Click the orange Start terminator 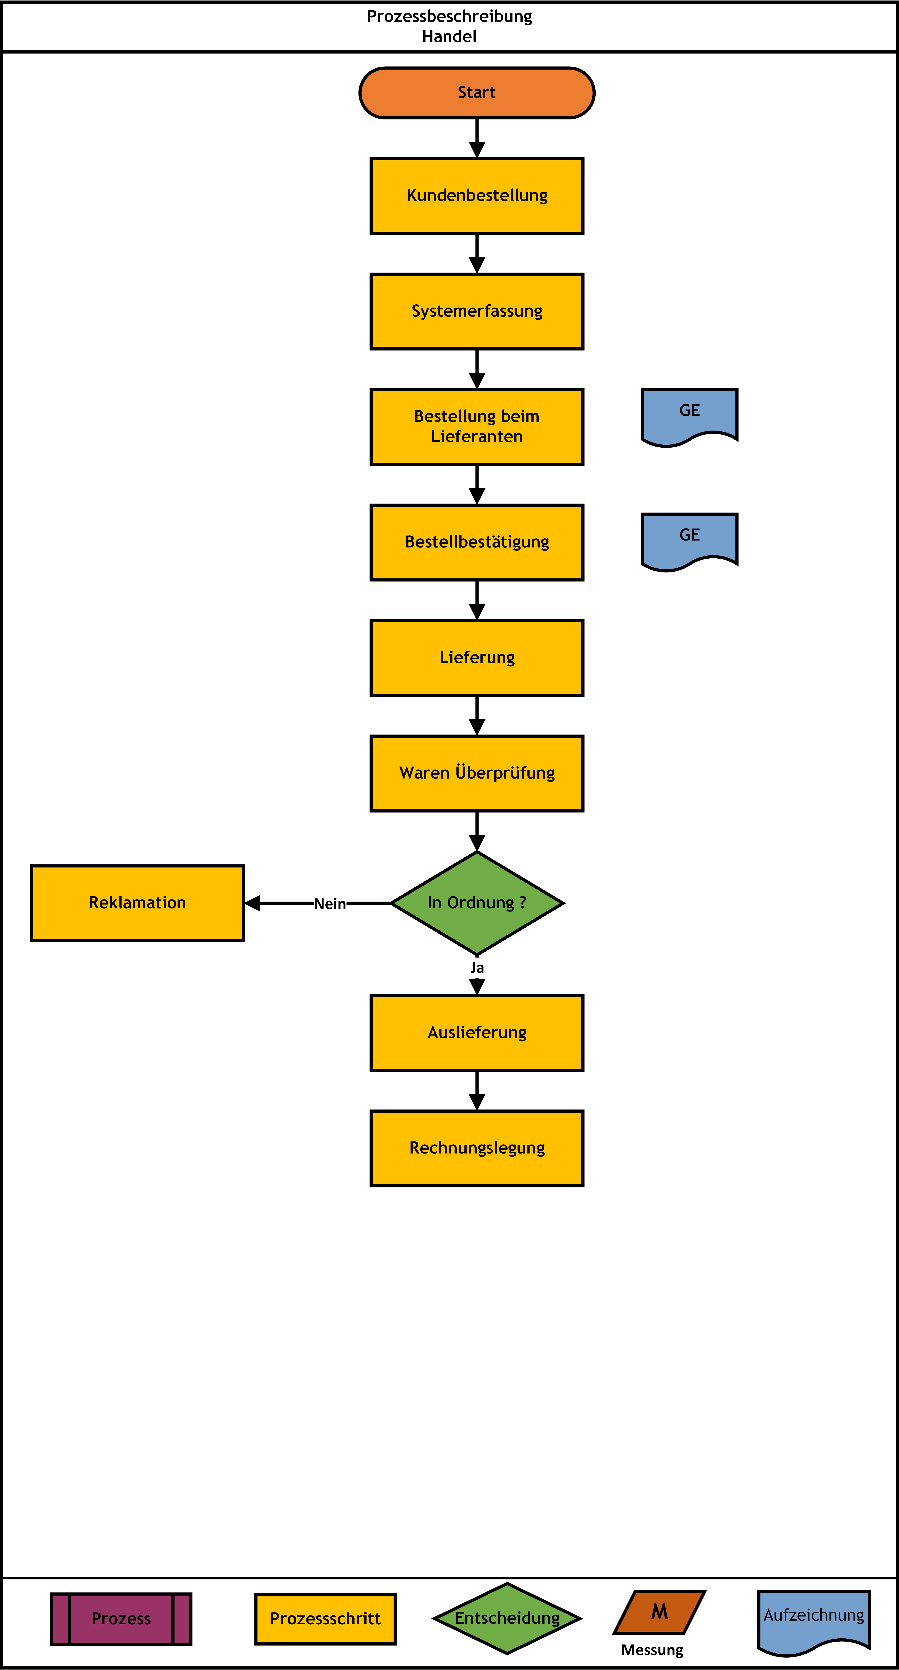[477, 93]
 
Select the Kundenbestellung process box [477, 196]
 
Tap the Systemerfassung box [477, 311]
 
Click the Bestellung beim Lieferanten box [477, 427]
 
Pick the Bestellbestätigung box [477, 542]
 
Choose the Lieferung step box [477, 657]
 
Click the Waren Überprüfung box [477, 773]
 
